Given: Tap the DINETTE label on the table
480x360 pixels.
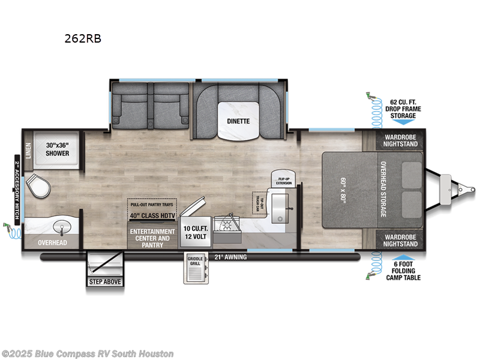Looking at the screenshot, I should pos(238,121).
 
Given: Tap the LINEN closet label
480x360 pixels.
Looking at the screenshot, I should pos(28,149).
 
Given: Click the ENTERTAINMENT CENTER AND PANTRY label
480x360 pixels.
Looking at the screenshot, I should pos(153,238).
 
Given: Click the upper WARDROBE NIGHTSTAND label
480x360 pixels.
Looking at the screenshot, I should pos(399,140).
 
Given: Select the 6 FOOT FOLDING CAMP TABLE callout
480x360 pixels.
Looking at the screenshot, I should pos(404,269).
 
